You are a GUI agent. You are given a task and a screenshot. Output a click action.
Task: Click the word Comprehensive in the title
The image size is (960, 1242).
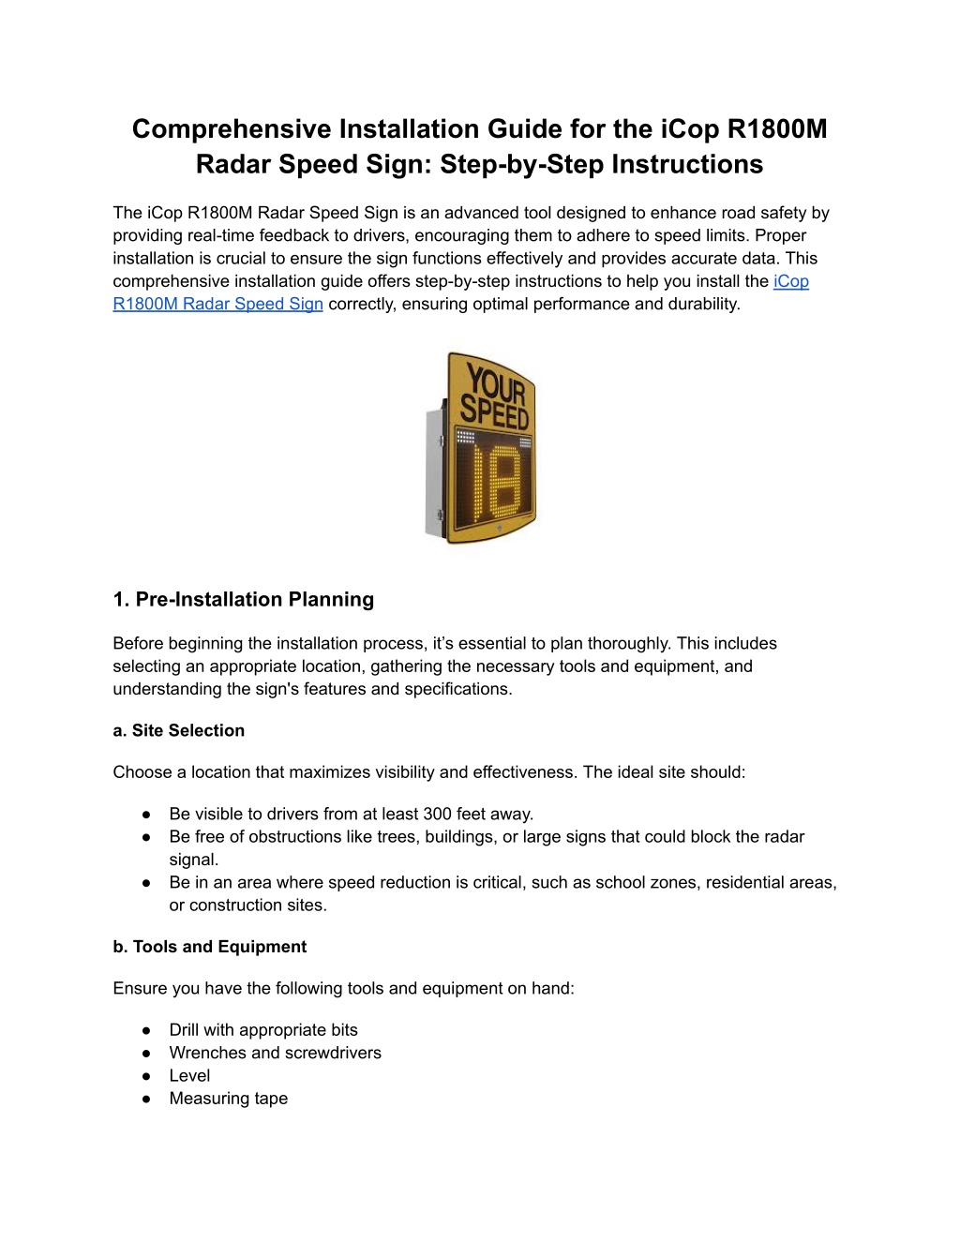[x=232, y=129]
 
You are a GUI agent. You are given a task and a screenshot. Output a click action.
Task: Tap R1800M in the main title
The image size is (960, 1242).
[x=777, y=128]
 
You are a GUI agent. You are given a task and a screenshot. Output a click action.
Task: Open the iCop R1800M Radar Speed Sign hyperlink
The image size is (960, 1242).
[x=460, y=292]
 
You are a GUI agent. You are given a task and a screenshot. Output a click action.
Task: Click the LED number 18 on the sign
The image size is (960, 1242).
[x=496, y=481]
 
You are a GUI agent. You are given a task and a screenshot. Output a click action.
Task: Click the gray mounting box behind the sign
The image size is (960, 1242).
[x=435, y=471]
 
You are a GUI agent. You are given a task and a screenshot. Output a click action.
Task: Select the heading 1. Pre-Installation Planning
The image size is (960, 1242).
[x=244, y=599]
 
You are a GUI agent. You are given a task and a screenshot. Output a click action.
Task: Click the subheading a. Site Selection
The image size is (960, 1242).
[x=178, y=730]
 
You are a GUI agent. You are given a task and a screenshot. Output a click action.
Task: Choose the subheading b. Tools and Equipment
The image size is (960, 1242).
[x=210, y=947]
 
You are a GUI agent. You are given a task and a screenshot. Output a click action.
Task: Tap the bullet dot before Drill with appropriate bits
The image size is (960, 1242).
[x=146, y=1030]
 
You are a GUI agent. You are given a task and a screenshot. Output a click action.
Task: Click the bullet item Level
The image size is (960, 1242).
[x=189, y=1076]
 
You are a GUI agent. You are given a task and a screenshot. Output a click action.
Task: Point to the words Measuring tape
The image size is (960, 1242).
[x=229, y=1099]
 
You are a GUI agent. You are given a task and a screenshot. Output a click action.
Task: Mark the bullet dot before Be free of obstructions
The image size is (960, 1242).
[x=146, y=837]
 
